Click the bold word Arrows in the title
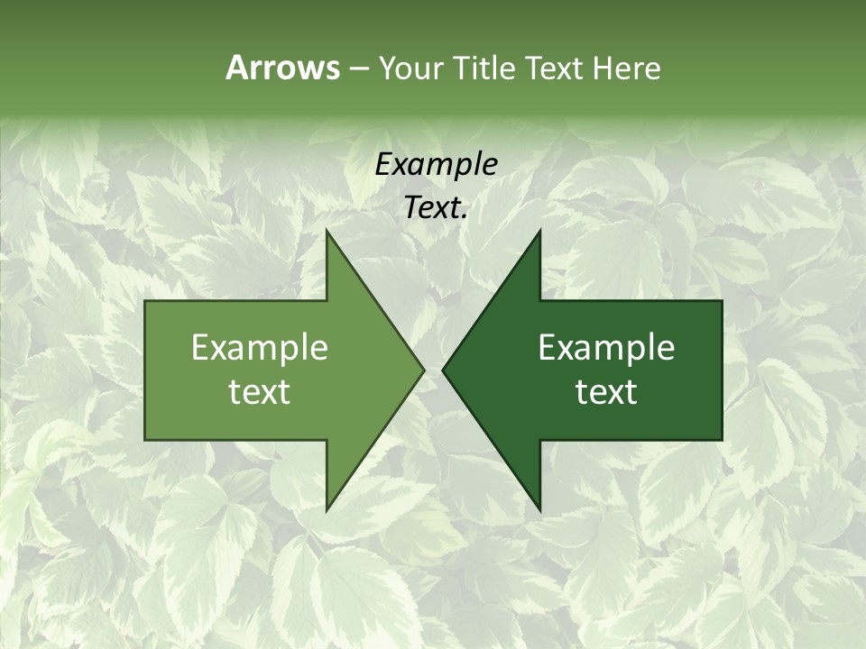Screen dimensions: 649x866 click(x=282, y=68)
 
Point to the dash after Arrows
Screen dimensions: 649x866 click(x=358, y=69)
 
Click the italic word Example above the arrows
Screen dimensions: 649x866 click(x=436, y=164)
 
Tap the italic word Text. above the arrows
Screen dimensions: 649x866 click(x=436, y=207)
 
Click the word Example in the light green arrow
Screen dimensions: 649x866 click(x=260, y=347)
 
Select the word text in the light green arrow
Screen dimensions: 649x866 click(x=260, y=391)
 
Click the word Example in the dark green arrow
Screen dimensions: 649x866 click(x=606, y=347)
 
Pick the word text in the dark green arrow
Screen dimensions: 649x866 click(x=606, y=391)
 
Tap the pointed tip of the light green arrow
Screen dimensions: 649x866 click(x=423, y=370)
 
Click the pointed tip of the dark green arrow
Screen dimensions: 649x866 click(x=443, y=370)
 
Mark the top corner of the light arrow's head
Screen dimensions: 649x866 click(x=327, y=231)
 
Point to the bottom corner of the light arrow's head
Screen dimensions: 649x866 click(x=327, y=510)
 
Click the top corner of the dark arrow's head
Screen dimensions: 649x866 click(x=539, y=231)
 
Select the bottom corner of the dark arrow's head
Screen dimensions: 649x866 click(x=539, y=510)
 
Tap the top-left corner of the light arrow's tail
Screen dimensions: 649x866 click(x=146, y=301)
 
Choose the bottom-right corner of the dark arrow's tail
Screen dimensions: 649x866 click(x=721, y=439)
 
